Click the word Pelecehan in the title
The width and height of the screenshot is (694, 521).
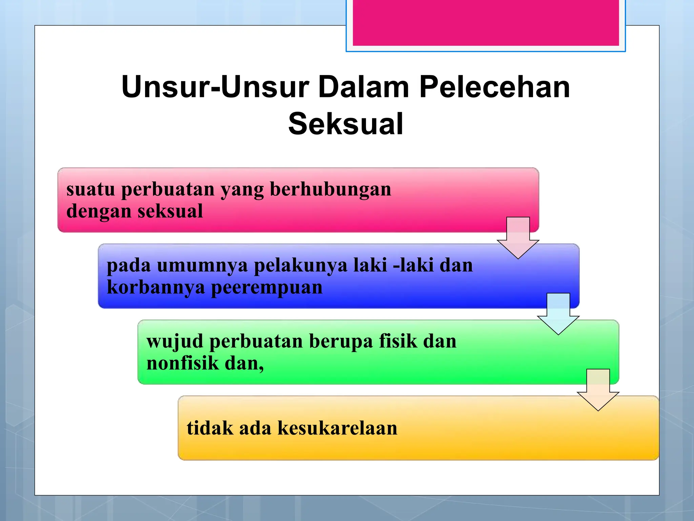pyautogui.click(x=494, y=87)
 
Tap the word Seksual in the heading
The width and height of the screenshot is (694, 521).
pyautogui.click(x=346, y=124)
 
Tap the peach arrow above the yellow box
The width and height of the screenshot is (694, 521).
pyautogui.click(x=598, y=390)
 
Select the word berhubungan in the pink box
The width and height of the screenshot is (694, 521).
pyautogui.click(x=330, y=189)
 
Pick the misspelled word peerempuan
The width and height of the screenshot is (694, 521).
pyautogui.click(x=267, y=288)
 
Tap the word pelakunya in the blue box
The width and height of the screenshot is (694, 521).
pyautogui.click(x=301, y=265)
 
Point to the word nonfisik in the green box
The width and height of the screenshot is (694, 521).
pyautogui.click(x=183, y=363)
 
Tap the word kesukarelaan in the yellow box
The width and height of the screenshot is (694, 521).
pyautogui.click(x=337, y=428)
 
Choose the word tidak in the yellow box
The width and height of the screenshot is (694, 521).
pyautogui.click(x=210, y=428)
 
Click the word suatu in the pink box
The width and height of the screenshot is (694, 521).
pyautogui.click(x=90, y=189)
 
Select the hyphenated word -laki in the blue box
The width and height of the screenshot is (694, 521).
pyautogui.click(x=413, y=265)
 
